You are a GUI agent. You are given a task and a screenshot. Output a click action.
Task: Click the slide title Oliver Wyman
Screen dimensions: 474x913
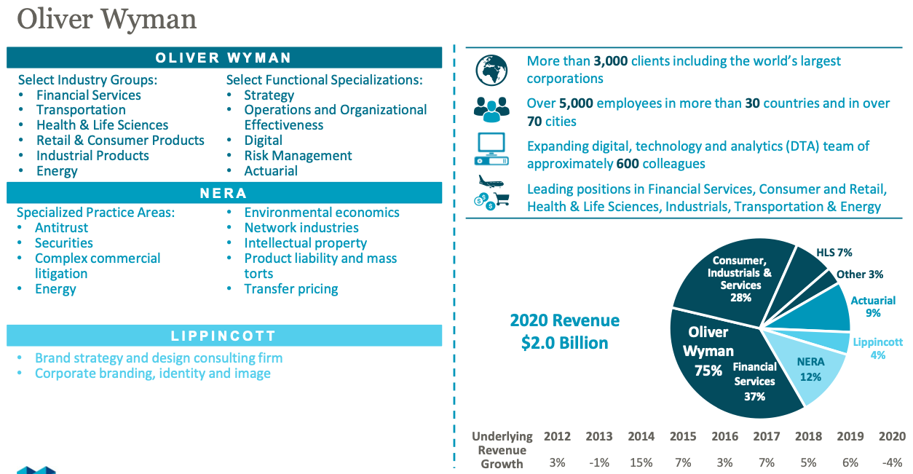click(x=106, y=20)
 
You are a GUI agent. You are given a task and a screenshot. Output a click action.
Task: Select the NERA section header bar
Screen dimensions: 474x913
click(x=224, y=193)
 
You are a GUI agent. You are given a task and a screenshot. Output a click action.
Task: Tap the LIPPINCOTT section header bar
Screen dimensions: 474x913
click(x=224, y=336)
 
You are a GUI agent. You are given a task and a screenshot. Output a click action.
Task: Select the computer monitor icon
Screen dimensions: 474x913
click(x=491, y=149)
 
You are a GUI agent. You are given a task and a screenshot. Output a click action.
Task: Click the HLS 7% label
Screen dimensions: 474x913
click(x=834, y=253)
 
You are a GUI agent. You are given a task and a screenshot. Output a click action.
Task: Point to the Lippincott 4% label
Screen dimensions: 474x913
click(x=877, y=348)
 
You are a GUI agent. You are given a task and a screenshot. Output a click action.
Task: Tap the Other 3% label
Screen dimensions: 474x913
click(x=860, y=274)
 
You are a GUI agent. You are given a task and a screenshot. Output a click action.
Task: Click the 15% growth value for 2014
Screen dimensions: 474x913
click(x=641, y=462)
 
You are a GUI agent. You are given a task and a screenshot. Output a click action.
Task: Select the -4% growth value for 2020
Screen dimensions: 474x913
click(x=892, y=462)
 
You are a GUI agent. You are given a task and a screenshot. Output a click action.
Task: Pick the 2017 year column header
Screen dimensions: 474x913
click(x=767, y=436)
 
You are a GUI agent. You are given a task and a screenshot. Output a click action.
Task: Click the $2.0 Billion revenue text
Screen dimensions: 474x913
click(x=564, y=342)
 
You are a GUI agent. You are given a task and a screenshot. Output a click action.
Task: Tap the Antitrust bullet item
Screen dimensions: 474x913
click(x=62, y=228)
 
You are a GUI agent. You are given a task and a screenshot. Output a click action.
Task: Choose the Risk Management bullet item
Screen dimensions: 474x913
click(x=298, y=156)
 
